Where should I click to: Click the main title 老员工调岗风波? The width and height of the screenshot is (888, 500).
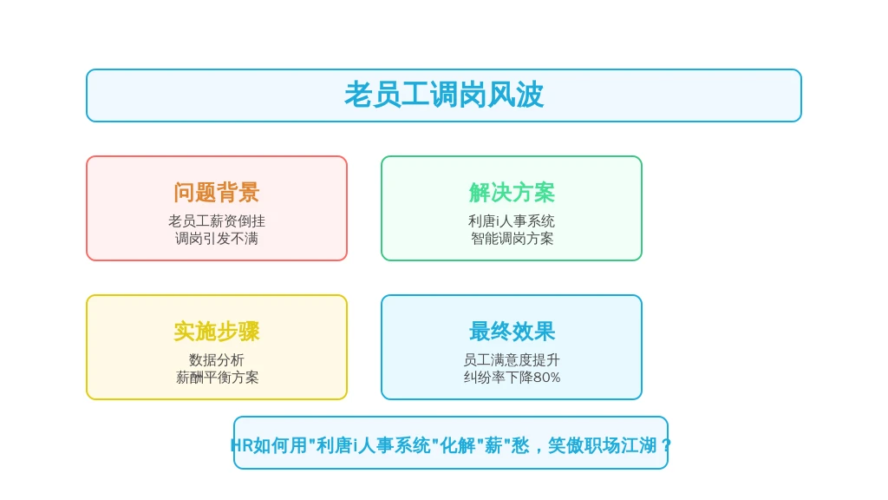pyautogui.click(x=444, y=95)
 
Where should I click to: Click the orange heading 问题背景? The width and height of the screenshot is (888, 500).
pyautogui.click(x=216, y=193)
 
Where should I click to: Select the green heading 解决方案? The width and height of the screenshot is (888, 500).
pyautogui.click(x=512, y=193)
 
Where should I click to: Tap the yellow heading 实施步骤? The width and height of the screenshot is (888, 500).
pyautogui.click(x=216, y=332)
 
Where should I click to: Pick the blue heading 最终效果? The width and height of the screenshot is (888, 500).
pyautogui.click(x=512, y=332)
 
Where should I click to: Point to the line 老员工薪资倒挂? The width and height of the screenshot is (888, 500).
pyautogui.click(x=216, y=221)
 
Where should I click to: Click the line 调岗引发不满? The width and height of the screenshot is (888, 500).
pyautogui.click(x=216, y=239)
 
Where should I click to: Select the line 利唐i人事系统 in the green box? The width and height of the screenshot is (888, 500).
pyautogui.click(x=512, y=221)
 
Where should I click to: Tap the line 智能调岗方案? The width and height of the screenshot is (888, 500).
pyautogui.click(x=512, y=239)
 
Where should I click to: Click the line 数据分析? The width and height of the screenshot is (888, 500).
pyautogui.click(x=216, y=360)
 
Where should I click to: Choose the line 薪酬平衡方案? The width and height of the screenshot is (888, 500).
pyautogui.click(x=216, y=378)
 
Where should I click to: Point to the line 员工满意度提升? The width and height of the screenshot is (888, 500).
pyautogui.click(x=512, y=360)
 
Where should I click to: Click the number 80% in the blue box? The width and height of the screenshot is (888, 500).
pyautogui.click(x=546, y=378)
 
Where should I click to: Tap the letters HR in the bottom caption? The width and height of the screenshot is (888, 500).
pyautogui.click(x=242, y=445)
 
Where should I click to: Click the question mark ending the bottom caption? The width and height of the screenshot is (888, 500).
pyautogui.click(x=666, y=445)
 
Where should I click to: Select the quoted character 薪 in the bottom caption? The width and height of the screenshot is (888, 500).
pyautogui.click(x=493, y=445)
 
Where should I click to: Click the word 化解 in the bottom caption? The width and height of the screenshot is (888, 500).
pyautogui.click(x=458, y=445)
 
